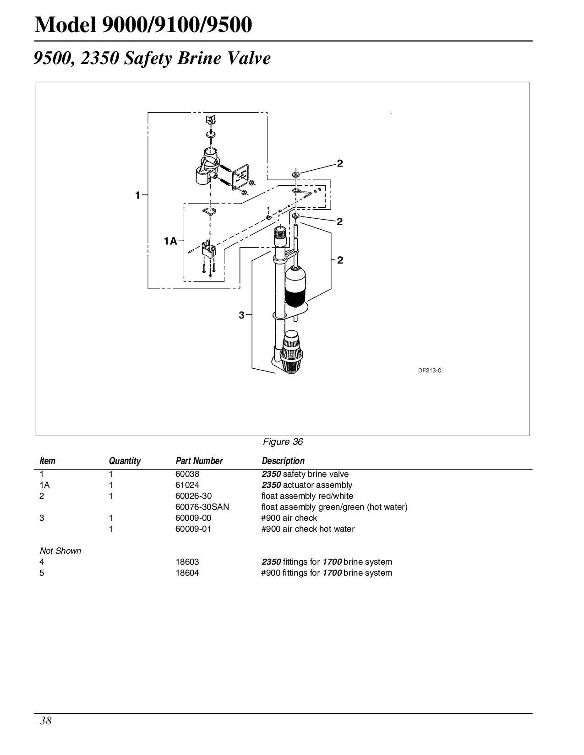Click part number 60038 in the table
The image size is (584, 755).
tap(188, 474)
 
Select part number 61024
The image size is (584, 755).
tap(188, 485)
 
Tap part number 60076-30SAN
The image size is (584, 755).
tap(202, 507)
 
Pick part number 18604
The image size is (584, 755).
tap(187, 573)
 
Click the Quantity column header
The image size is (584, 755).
tap(125, 461)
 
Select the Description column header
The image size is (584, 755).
tap(283, 461)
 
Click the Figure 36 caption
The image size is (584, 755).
tap(283, 442)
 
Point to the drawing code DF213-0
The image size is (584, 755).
tap(429, 371)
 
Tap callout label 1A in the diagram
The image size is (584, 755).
tap(170, 241)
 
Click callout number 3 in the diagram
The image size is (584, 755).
tap(241, 315)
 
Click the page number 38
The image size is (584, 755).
tap(46, 721)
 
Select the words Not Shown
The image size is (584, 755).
tap(60, 551)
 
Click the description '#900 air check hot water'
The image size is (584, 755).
tap(308, 529)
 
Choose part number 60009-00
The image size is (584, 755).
tap(194, 518)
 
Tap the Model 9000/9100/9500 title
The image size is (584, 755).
tap(143, 25)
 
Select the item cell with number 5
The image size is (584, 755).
tap(42, 573)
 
